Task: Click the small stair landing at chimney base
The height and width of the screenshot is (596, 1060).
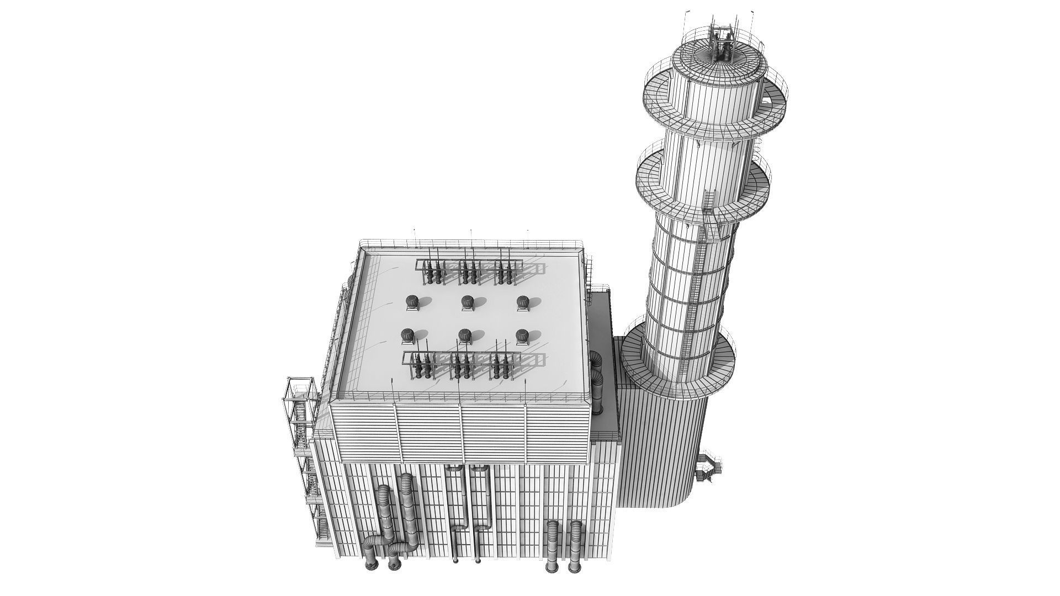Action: coord(709,469)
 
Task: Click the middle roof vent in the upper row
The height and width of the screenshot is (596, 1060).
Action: coord(467,302)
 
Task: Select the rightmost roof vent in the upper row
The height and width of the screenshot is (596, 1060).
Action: coord(523,302)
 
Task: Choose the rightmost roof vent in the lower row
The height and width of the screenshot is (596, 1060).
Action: coord(522,336)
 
